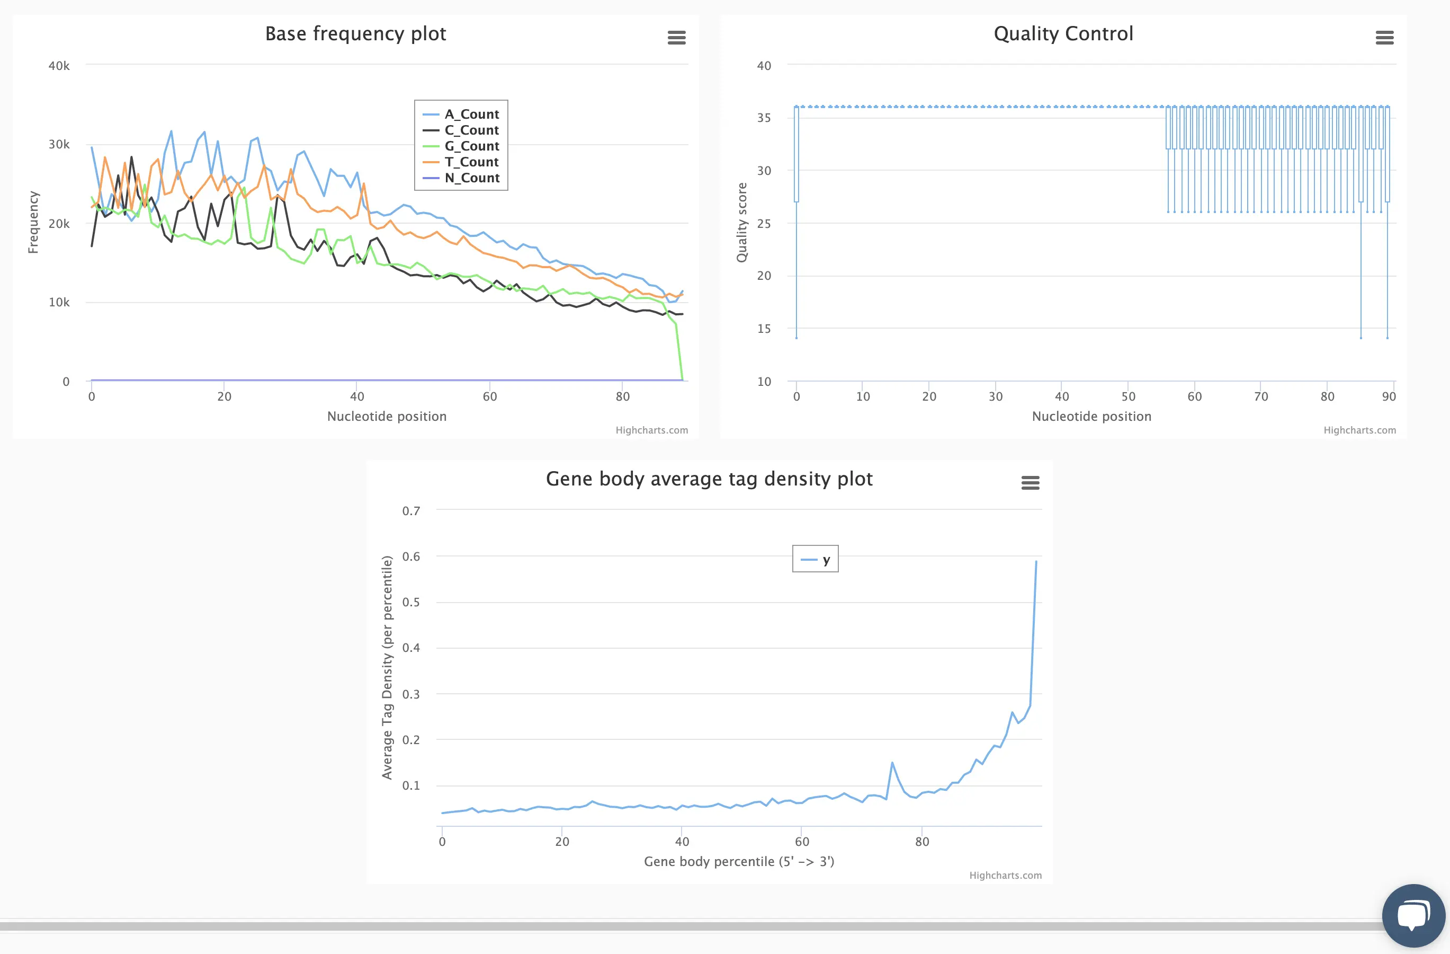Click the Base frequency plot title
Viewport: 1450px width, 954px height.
[x=355, y=33]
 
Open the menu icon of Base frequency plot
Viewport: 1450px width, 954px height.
[x=676, y=38]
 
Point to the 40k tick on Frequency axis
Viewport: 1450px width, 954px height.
[x=59, y=66]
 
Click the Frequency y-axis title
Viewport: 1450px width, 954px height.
[x=33, y=223]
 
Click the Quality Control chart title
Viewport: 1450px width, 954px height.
[x=1063, y=33]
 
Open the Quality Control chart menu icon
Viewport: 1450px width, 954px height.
[x=1384, y=38]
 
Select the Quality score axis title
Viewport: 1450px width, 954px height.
[x=741, y=223]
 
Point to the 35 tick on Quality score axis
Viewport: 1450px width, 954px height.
[x=764, y=118]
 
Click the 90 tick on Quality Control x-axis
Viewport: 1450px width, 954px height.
[x=1389, y=397]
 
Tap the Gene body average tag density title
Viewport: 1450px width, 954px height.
[x=709, y=479]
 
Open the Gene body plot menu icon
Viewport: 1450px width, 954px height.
[x=1030, y=483]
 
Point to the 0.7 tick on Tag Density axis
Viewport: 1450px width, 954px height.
[x=411, y=511]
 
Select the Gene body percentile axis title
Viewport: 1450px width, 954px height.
[x=738, y=861]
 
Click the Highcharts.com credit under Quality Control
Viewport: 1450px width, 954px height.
[x=1359, y=430]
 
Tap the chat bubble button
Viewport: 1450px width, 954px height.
[x=1413, y=915]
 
